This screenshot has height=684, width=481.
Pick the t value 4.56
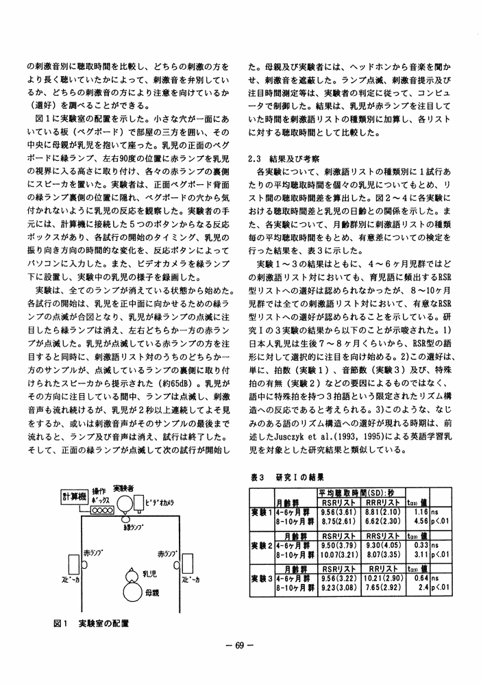[421, 520]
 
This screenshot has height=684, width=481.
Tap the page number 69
[240, 644]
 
